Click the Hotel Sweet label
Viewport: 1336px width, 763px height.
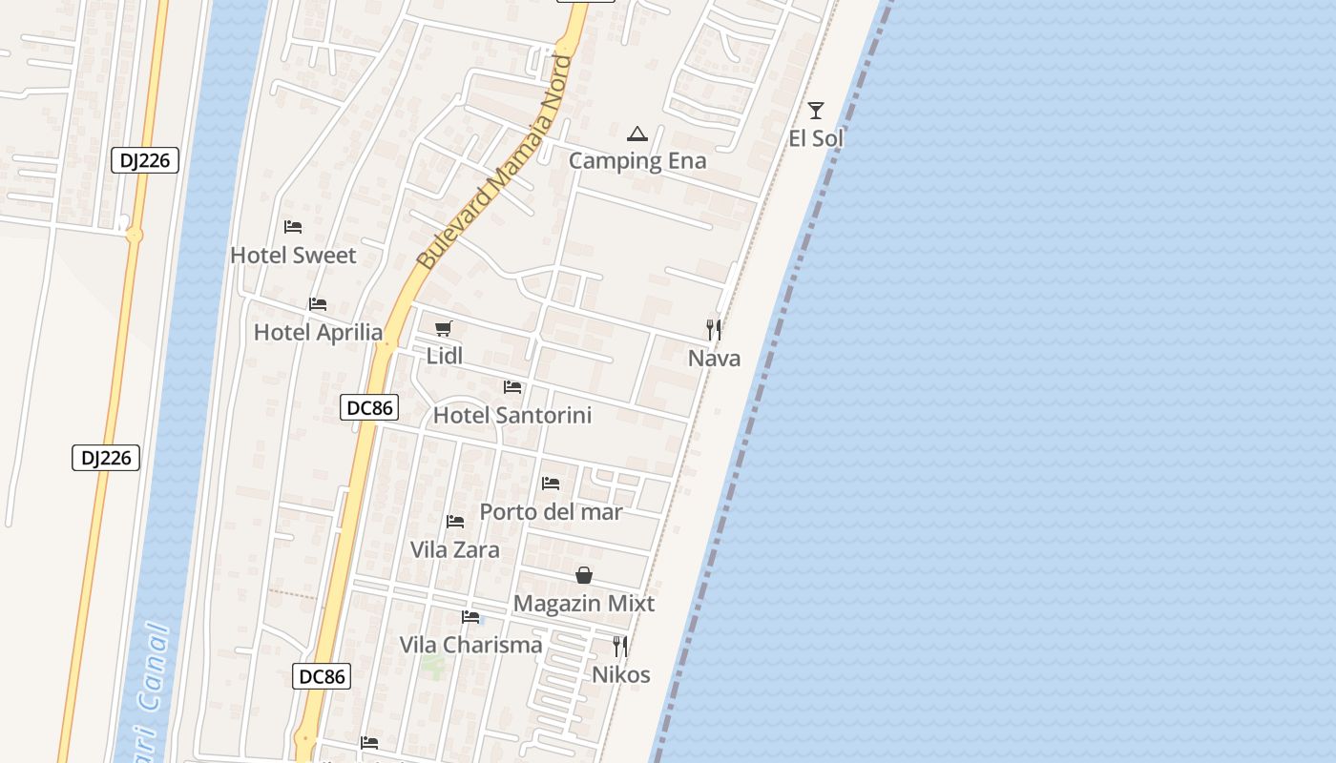(293, 256)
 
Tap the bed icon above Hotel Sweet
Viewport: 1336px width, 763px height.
(293, 227)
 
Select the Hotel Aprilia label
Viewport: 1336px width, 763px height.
(318, 333)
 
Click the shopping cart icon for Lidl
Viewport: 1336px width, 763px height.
(443, 329)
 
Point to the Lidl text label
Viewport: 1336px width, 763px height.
(445, 357)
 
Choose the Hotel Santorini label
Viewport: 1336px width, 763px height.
(512, 416)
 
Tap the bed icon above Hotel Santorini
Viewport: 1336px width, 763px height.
(512, 387)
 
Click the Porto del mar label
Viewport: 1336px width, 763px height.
(551, 512)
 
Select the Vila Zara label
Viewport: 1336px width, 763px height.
(454, 550)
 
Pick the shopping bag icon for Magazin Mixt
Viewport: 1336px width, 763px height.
(584, 575)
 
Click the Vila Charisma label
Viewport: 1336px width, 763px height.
(470, 645)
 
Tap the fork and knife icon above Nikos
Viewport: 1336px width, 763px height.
(620, 646)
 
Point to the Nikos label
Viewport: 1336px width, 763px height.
(621, 675)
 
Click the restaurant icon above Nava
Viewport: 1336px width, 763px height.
(714, 329)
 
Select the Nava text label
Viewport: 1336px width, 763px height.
(714, 359)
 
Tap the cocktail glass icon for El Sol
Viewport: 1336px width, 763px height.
(816, 110)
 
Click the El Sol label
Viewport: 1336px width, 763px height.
(816, 139)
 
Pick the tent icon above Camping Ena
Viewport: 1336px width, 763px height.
(637, 133)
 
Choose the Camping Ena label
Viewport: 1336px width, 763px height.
(637, 161)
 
